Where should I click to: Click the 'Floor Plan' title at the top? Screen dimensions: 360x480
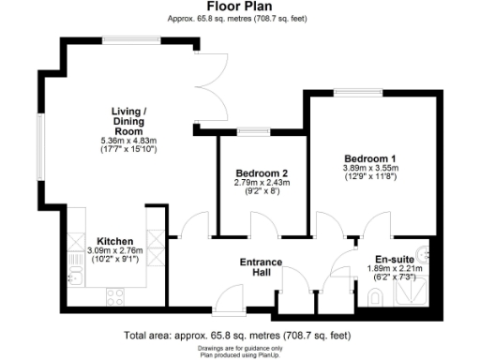[x=240, y=7]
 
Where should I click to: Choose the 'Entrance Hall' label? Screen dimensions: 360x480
[x=262, y=267]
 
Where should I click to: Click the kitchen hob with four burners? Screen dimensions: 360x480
[x=116, y=296]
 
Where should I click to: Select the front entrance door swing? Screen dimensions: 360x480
[x=226, y=300]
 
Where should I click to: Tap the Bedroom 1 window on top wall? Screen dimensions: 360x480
[x=352, y=92]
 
